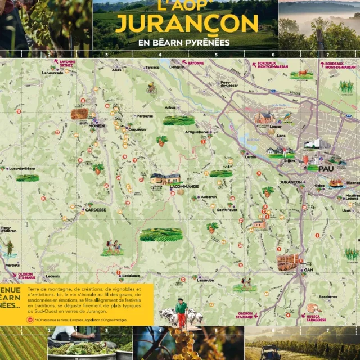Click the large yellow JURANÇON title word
click(186, 23)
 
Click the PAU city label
click(326, 168)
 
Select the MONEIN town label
click(97, 126)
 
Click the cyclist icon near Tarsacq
click(151, 88)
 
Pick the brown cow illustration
click(303, 73)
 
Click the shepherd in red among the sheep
click(181, 313)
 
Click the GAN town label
click(308, 269)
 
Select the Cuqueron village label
click(137, 129)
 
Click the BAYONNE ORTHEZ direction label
click(66, 64)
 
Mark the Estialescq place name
click(130, 276)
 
